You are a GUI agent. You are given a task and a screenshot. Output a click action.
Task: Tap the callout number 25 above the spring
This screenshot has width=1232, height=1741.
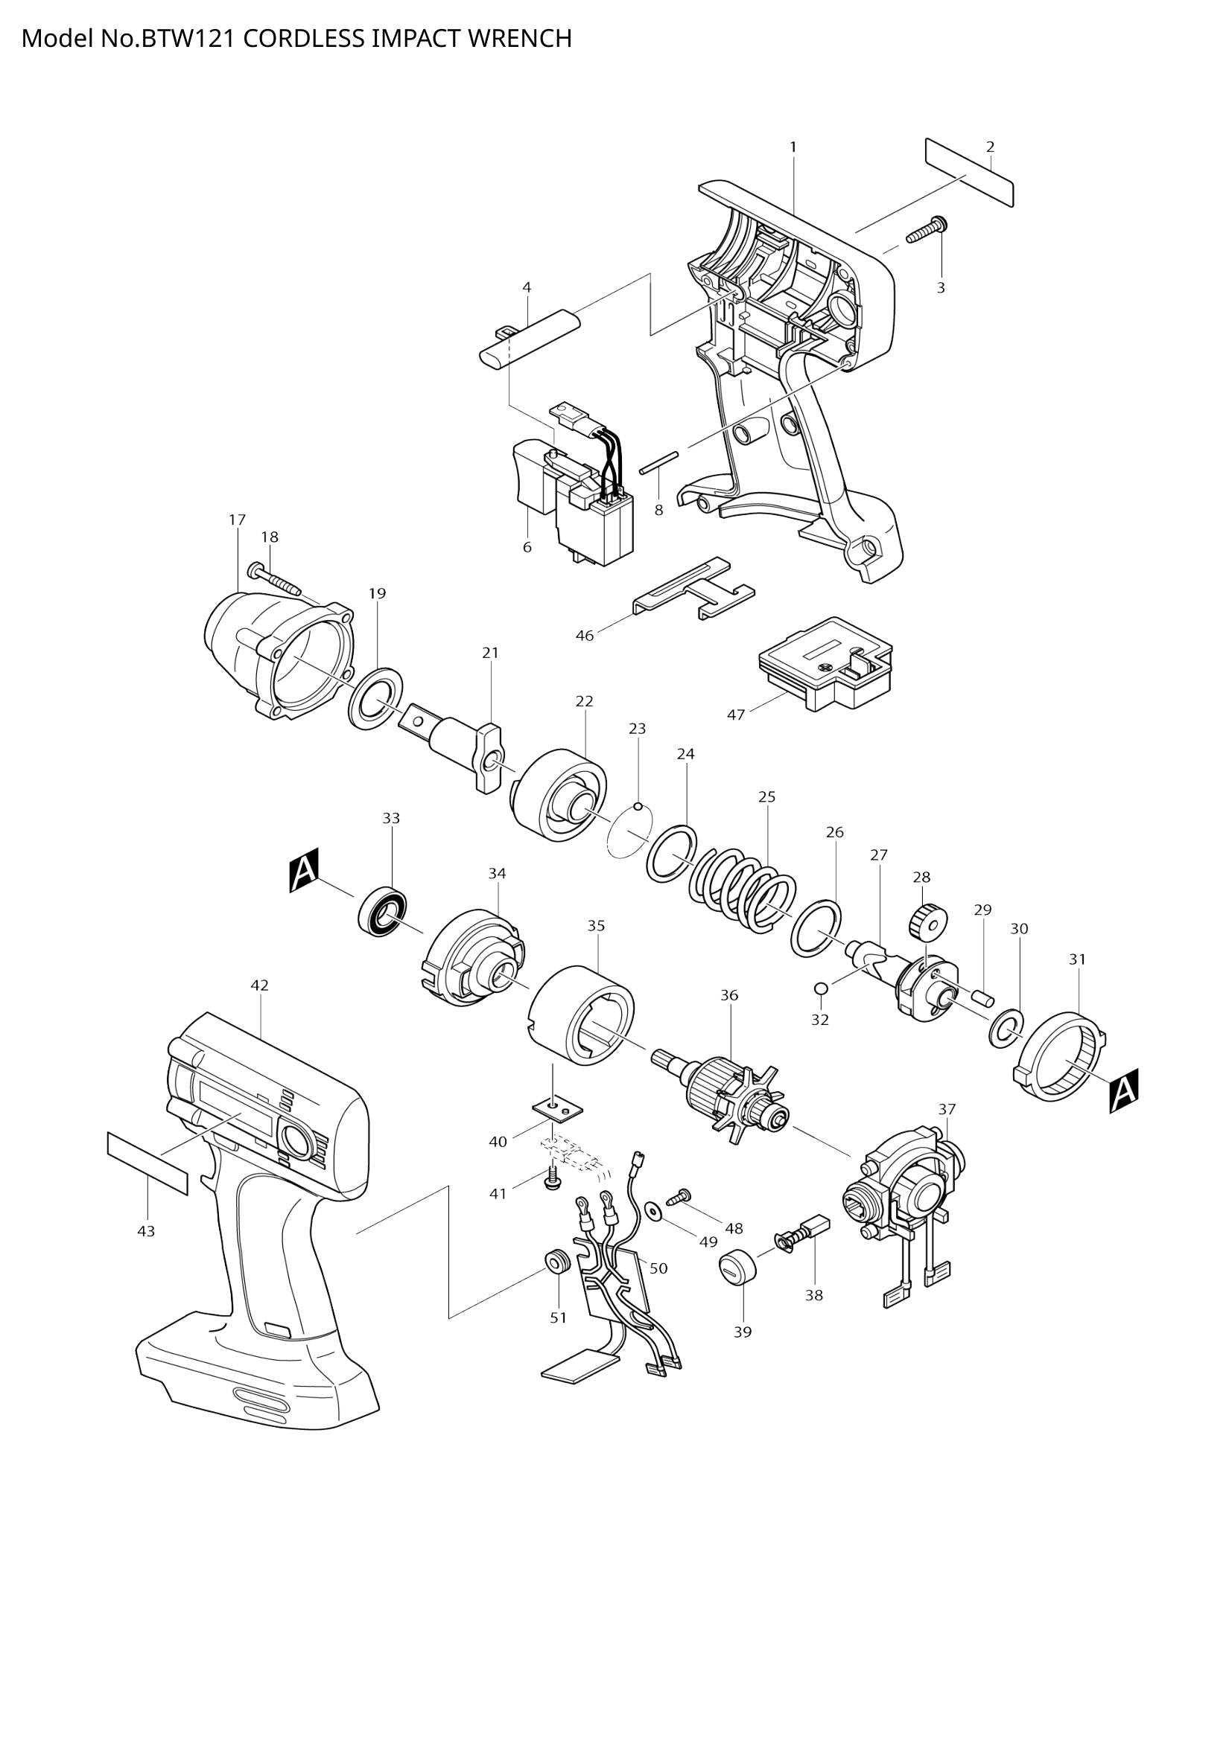(766, 797)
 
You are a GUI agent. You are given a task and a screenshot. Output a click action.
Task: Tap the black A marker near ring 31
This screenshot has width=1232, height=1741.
(1123, 1091)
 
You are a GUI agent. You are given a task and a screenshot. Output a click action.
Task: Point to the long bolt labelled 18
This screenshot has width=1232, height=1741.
(275, 580)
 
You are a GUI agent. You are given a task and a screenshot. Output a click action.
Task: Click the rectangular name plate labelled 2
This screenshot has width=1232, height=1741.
(969, 172)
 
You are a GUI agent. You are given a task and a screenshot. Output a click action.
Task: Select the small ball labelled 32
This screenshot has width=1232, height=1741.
(820, 987)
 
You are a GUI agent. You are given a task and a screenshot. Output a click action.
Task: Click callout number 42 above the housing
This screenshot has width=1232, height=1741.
(259, 985)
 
